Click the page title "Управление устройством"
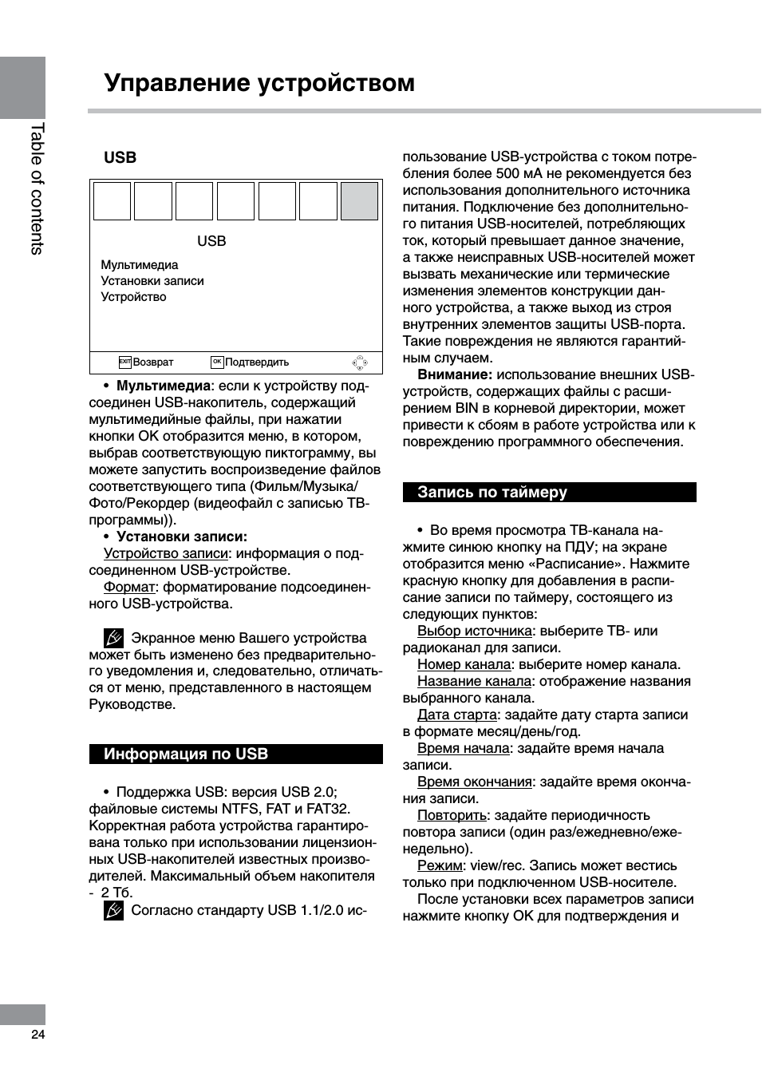point(259,83)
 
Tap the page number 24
point(38,1035)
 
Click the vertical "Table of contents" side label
point(37,188)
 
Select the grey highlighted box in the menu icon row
point(359,201)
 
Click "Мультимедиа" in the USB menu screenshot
point(140,265)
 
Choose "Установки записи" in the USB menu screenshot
point(152,281)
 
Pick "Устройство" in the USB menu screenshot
point(133,297)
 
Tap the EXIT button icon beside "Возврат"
point(124,362)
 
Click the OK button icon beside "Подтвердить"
point(217,362)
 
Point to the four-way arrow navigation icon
point(360,363)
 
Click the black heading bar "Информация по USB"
point(235,754)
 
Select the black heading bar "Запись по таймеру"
point(549,493)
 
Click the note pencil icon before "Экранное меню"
point(113,638)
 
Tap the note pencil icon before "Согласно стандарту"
point(113,910)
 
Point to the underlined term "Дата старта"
point(456,715)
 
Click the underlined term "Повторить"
point(452,816)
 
